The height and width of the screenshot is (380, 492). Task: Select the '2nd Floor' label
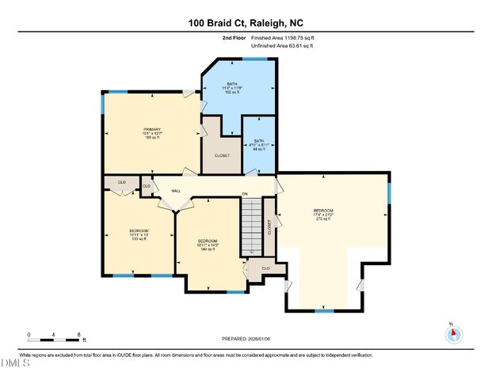pos(235,38)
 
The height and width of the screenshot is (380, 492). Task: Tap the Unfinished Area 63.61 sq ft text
pos(282,47)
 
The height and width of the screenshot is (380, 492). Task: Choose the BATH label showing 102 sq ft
pos(232,88)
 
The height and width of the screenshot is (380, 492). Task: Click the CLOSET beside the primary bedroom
pos(222,155)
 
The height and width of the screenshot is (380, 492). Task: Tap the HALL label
pos(177,190)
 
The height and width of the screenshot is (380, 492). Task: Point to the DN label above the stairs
pos(246,194)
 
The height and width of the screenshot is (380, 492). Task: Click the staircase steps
pos(250,226)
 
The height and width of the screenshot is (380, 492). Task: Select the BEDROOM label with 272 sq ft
pos(322,215)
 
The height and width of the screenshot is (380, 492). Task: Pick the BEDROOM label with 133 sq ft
pos(139,234)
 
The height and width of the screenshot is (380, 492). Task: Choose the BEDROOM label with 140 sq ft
pos(208,244)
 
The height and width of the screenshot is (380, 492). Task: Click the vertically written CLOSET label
pos(269,227)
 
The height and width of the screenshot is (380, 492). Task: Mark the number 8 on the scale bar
pos(78,334)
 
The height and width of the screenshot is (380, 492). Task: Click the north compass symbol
pos(453,335)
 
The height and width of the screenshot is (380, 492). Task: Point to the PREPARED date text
pos(245,339)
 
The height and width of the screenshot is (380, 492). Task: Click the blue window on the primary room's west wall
pos(102,104)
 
